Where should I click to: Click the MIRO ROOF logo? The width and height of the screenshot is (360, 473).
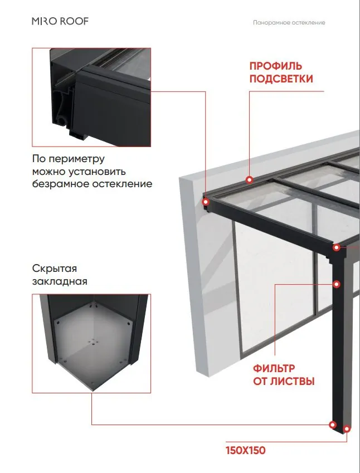coord(60,21)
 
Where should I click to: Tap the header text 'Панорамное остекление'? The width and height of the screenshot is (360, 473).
coord(289,23)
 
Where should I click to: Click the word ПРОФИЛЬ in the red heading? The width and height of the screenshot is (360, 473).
coord(275,66)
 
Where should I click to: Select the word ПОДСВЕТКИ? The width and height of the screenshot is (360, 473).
coord(281,79)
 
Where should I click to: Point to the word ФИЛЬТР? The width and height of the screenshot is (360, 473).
coord(274,368)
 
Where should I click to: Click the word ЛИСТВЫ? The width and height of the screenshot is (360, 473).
coord(292,381)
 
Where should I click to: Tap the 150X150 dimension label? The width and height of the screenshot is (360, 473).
coord(246,451)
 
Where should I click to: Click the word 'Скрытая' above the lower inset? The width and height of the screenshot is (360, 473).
coord(55,269)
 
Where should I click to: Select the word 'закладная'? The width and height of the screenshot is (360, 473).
coord(60,281)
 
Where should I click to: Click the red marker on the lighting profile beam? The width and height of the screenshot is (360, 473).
coord(249,180)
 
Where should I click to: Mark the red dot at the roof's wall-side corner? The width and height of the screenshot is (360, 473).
coord(206,202)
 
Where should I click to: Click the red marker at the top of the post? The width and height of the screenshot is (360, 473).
coord(337,248)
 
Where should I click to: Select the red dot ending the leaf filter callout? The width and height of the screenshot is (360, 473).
coord(337,284)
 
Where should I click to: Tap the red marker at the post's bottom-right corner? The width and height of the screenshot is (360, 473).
coord(347,428)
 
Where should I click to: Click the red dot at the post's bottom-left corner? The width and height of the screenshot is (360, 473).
coord(333,425)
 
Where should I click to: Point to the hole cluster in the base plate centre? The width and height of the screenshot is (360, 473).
coord(94,343)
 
